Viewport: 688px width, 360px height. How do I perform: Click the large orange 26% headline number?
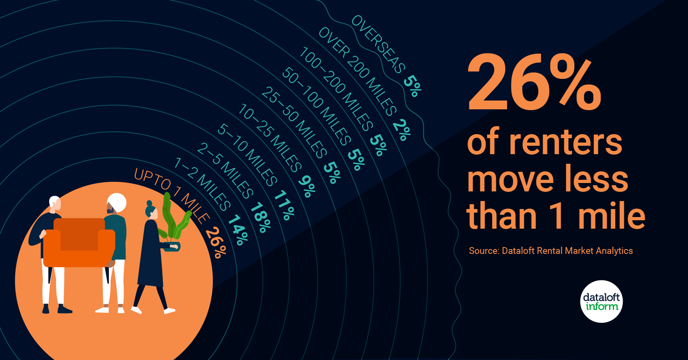pyautogui.click(x=534, y=83)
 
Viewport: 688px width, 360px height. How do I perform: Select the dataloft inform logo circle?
pyautogui.click(x=601, y=302)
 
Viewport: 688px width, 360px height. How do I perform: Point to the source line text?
pyautogui.click(x=551, y=251)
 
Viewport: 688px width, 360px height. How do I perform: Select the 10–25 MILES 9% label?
pyautogui.click(x=277, y=150)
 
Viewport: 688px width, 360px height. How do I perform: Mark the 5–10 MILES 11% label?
pyautogui.click(x=256, y=172)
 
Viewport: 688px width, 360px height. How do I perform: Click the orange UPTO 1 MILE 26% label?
pyautogui.click(x=180, y=212)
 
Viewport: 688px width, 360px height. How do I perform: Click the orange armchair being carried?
pyautogui.click(x=79, y=242)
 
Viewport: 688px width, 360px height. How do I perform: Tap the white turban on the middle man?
pyautogui.click(x=117, y=202)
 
